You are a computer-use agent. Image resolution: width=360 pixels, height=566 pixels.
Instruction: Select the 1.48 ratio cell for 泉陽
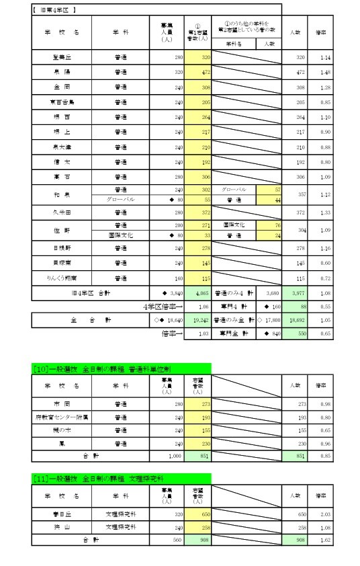tap(326, 73)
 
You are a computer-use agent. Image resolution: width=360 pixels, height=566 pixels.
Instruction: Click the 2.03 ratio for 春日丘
tap(326, 513)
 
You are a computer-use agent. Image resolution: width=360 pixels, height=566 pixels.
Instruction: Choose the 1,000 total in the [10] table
tap(173, 455)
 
